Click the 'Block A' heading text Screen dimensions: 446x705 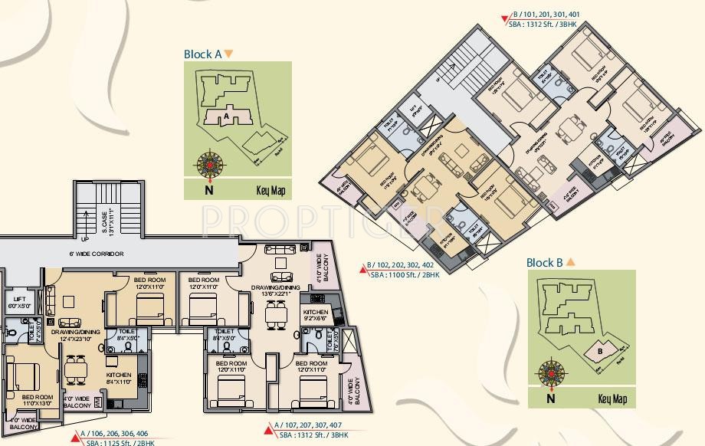coord(202,54)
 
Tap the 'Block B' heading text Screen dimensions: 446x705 coord(545,263)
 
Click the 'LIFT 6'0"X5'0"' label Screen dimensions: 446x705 coord(18,302)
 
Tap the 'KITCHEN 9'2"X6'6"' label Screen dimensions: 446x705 coord(316,316)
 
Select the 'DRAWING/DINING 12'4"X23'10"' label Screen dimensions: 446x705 coord(77,336)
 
